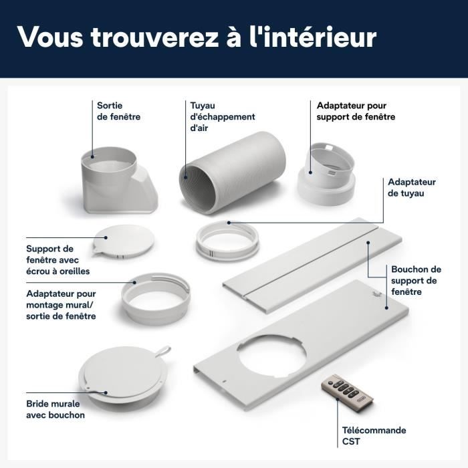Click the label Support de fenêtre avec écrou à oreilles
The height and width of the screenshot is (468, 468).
coord(57,260)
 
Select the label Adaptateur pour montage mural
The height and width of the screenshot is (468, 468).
coord(62,305)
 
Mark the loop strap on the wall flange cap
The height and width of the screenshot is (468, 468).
coord(162,350)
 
